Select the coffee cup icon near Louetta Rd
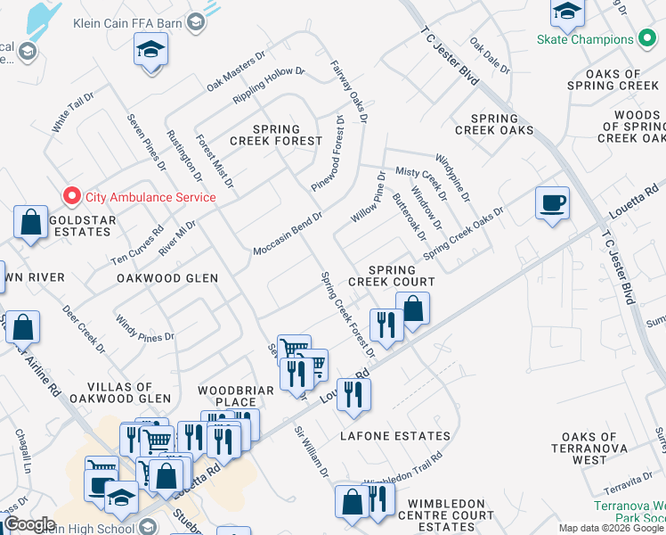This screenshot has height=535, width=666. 552,203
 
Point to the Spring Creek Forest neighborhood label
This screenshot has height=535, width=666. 275,135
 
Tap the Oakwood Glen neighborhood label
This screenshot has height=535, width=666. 167,278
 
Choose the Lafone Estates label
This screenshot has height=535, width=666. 395,436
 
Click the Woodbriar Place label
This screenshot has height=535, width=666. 227,396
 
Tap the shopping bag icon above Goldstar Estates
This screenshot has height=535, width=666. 31,223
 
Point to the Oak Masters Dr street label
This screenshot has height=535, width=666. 236,71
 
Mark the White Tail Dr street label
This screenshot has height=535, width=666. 72,112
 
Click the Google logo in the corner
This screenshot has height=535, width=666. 29,524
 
